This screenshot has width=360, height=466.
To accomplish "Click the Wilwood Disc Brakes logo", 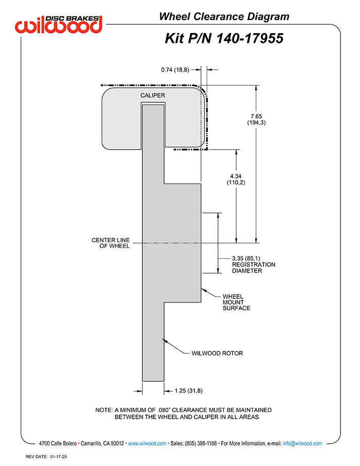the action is pyautogui.click(x=59, y=24).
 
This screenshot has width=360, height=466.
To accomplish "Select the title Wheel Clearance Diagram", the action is pyautogui.click(x=224, y=16).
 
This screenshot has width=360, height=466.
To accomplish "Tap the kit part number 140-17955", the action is pyautogui.click(x=249, y=39).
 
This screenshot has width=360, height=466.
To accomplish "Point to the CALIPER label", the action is pyautogui.click(x=153, y=95).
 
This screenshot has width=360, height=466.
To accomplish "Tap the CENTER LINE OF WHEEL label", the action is pyautogui.click(x=111, y=243).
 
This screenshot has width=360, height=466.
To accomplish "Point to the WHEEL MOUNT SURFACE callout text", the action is pyautogui.click(x=237, y=302).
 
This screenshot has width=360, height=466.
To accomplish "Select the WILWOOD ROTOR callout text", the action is pyautogui.click(x=217, y=353).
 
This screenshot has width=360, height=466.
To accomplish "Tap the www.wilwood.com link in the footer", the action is pyautogui.click(x=147, y=443).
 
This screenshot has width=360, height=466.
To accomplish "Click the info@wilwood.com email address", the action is pyautogui.click(x=302, y=443).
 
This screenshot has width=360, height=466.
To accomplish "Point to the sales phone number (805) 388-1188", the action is pyautogui.click(x=201, y=443).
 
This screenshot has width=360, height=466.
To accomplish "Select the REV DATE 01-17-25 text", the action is pyautogui.click(x=46, y=457).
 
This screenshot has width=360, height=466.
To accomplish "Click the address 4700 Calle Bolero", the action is pyautogui.click(x=58, y=443).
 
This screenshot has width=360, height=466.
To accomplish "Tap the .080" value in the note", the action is pyautogui.click(x=164, y=410).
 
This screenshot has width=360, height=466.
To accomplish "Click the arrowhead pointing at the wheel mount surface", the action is pyautogui.click(x=203, y=290).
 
